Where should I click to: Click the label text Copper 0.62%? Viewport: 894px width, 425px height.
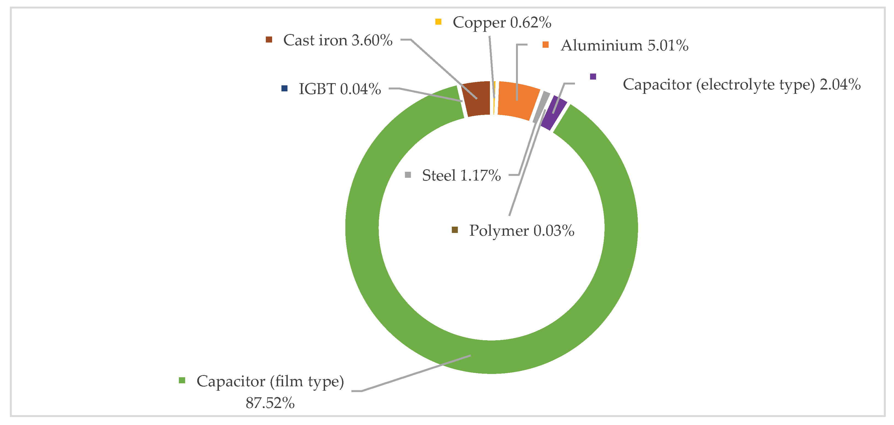502,22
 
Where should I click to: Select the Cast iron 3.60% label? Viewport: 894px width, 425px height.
338,40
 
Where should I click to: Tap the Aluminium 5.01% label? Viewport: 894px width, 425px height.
624,46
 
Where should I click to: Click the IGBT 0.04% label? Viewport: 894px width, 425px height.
340,89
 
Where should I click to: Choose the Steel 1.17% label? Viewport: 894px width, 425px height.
461,175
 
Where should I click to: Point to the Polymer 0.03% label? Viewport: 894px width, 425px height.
522,231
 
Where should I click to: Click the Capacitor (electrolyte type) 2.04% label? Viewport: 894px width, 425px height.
742,85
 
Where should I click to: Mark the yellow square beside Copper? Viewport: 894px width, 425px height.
438,22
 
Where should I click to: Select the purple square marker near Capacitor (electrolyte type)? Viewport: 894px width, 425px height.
593,76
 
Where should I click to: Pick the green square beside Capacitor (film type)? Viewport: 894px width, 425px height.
182,381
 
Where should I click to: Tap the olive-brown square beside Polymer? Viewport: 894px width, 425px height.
455,230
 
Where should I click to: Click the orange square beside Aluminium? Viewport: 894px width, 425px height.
546,45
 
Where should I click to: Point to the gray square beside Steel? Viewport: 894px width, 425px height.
408,175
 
